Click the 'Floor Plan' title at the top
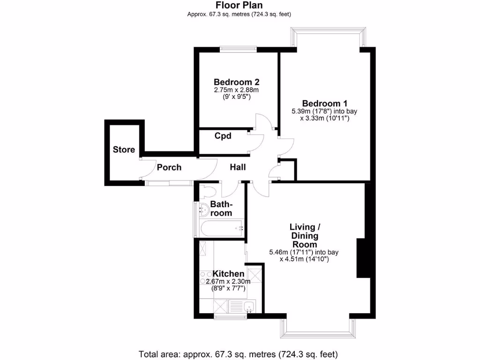point(239,5)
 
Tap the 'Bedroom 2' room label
point(237,82)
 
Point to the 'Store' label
point(124,150)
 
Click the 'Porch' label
point(169,167)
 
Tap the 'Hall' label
point(238,167)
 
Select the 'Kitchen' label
point(228,274)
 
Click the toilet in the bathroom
point(208,191)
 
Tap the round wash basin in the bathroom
point(204,210)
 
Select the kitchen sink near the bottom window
point(249,307)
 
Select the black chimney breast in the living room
point(361,258)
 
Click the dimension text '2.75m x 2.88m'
point(237,90)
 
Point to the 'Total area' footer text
point(238,353)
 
